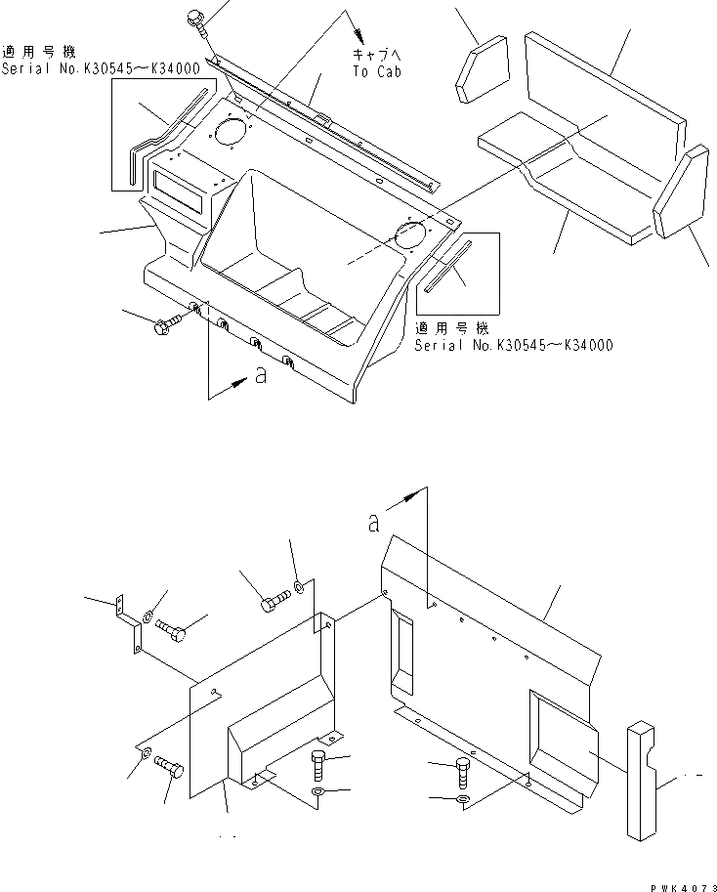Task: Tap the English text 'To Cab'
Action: tap(376, 72)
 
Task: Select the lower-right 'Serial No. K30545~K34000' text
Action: tap(514, 345)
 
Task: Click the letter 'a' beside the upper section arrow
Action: tap(260, 376)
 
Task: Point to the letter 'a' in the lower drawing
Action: tap(373, 524)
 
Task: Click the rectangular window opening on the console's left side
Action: tap(177, 186)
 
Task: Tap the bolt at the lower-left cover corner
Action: tap(169, 767)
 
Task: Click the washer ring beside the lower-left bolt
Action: tap(144, 753)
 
